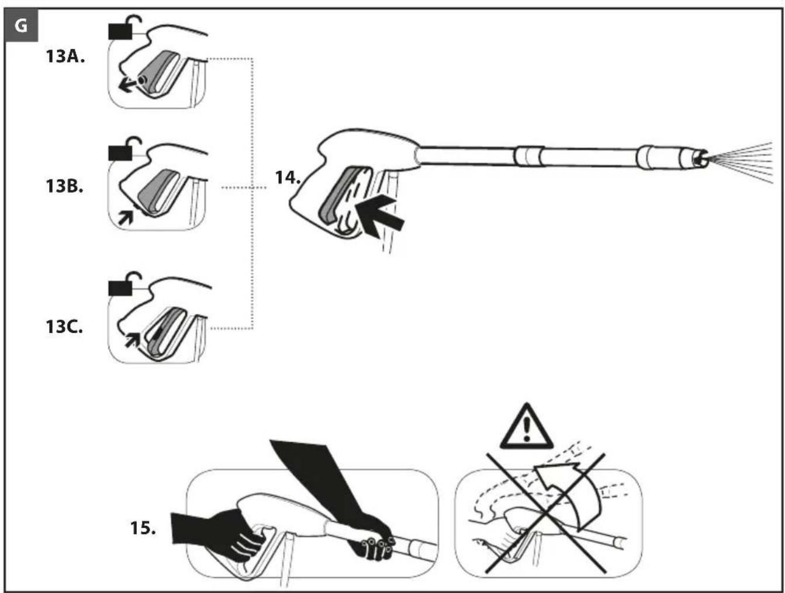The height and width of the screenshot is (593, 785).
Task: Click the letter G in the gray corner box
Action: tap(21, 26)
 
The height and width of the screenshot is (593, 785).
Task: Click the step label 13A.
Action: tap(65, 57)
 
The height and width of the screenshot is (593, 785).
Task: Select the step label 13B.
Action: tap(64, 186)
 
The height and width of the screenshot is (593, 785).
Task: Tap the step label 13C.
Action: tap(64, 327)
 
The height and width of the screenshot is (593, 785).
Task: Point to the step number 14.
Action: tap(288, 177)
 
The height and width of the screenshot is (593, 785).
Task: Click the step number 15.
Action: tap(143, 528)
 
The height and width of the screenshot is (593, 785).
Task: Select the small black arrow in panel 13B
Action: tap(126, 217)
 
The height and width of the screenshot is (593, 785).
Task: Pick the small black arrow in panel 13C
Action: tap(132, 339)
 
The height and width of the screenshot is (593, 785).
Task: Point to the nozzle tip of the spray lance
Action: tap(701, 159)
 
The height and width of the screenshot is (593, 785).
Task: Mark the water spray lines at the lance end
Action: tap(741, 162)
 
